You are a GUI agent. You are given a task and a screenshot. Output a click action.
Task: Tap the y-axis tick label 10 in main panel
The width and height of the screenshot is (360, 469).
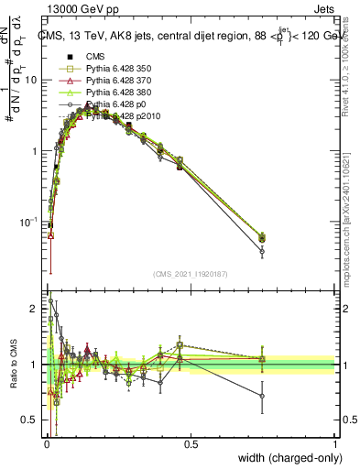click(x=31, y=80)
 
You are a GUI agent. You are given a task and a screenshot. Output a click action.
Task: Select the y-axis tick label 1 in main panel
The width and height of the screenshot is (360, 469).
click(x=34, y=150)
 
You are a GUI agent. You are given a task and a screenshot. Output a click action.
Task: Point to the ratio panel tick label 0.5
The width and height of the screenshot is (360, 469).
click(x=29, y=420)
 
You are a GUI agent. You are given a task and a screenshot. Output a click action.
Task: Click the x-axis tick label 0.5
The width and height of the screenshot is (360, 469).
click(x=191, y=443)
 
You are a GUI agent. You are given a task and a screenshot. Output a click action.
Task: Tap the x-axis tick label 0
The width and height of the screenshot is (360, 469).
click(x=46, y=443)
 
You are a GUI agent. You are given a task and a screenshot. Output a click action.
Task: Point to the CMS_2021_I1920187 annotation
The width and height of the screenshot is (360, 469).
click(x=190, y=273)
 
